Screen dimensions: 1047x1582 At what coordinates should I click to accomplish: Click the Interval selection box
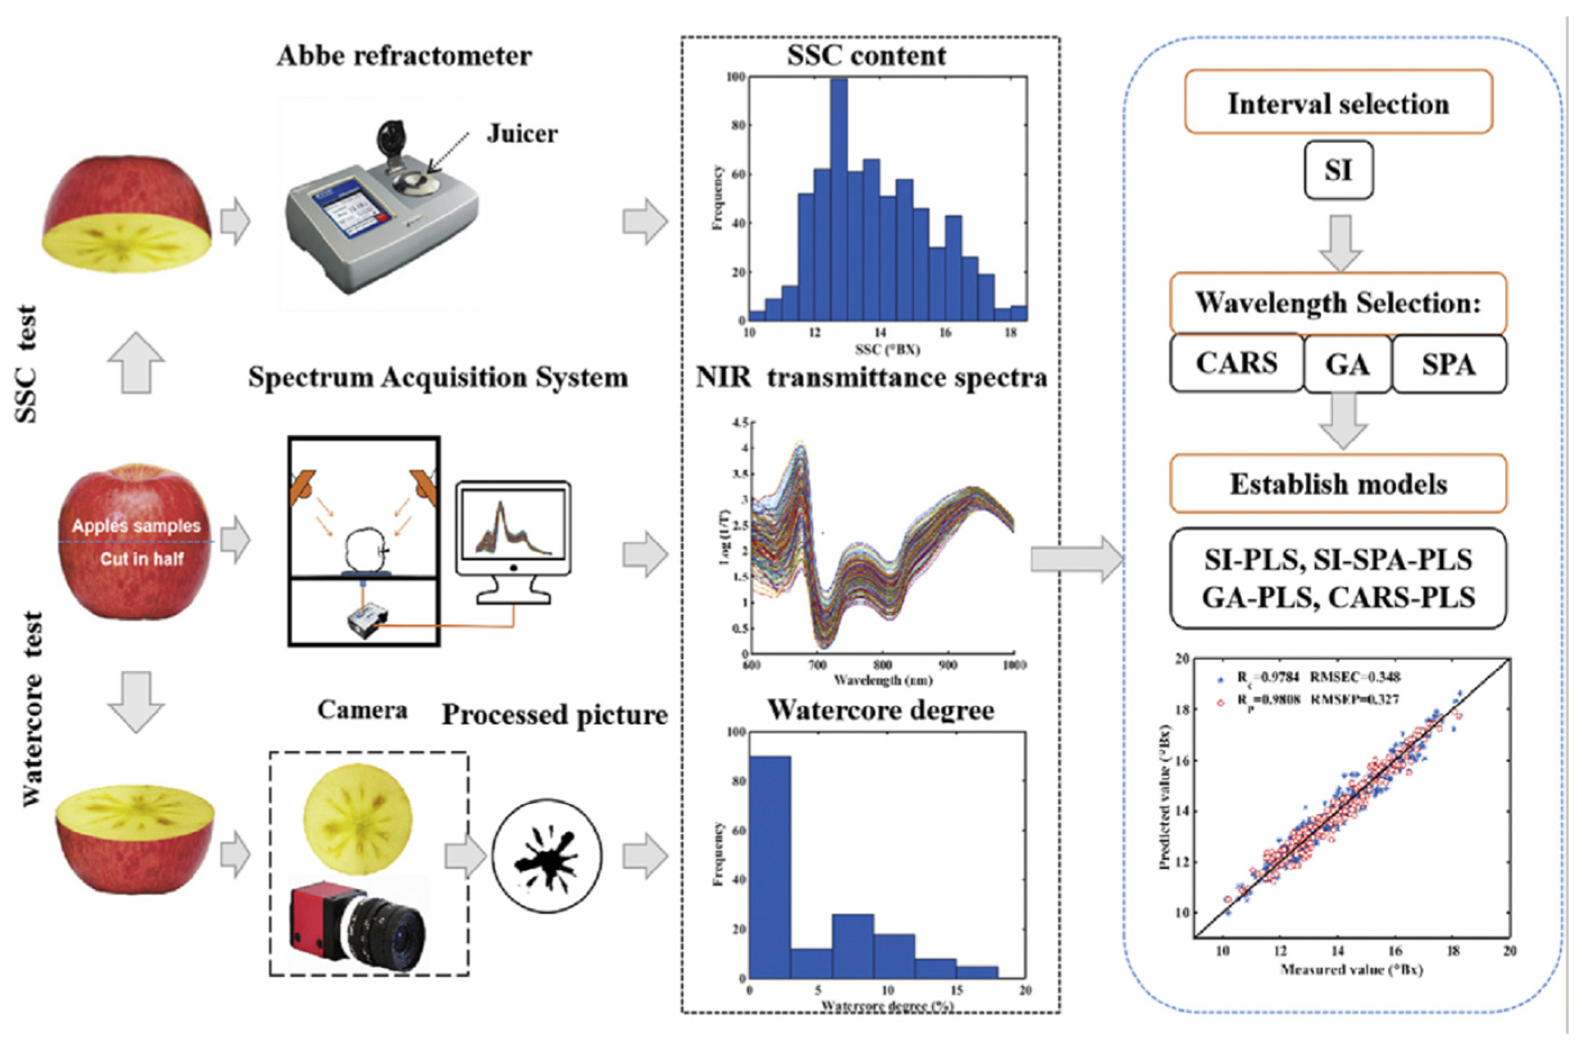(1338, 102)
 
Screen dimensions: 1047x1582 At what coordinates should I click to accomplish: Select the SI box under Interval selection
(1338, 170)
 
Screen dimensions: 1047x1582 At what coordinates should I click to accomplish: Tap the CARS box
(1236, 363)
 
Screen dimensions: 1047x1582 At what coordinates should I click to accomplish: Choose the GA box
(1348, 365)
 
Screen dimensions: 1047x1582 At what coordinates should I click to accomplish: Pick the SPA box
(1448, 365)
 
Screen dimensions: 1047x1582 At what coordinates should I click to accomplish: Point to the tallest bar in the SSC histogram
(839, 201)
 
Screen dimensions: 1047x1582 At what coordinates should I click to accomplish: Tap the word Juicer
(521, 134)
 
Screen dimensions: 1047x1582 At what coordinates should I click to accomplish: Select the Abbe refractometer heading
(404, 56)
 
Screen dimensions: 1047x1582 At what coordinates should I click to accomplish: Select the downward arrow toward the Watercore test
(136, 701)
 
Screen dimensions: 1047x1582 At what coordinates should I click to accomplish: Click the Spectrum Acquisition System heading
(438, 377)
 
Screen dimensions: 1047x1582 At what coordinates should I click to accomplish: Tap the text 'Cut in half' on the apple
(142, 558)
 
